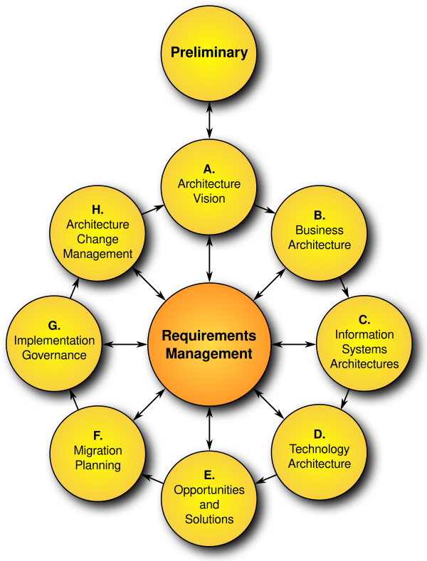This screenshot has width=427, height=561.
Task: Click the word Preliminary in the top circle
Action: (209, 53)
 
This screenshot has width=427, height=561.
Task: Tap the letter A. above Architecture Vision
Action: (209, 169)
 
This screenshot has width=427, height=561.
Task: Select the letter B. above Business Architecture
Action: (320, 215)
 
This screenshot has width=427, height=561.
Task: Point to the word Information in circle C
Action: (364, 334)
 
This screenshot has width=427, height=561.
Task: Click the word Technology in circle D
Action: (320, 449)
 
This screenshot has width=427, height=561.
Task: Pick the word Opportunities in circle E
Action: (209, 490)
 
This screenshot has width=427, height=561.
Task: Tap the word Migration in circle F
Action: (97, 451)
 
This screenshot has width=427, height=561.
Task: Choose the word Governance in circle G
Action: (54, 356)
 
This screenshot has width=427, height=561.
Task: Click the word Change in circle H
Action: (97, 240)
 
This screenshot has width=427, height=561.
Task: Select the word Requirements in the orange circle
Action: (209, 336)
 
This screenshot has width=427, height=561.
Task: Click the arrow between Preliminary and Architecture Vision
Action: (209, 120)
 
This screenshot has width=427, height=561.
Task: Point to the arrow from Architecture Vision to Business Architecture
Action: (264, 209)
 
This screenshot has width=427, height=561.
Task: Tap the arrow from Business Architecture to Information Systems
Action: (344, 287)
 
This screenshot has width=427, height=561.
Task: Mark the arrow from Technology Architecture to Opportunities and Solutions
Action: (266, 479)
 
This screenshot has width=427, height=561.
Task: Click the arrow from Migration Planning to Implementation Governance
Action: (74, 400)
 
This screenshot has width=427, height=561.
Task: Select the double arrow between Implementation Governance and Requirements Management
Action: (125, 345)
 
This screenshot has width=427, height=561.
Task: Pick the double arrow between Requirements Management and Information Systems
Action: (293, 345)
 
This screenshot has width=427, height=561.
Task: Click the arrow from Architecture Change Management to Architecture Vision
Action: (153, 209)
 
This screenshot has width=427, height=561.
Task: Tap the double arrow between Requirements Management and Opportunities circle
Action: (209, 428)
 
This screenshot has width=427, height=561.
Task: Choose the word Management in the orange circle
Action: (209, 354)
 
